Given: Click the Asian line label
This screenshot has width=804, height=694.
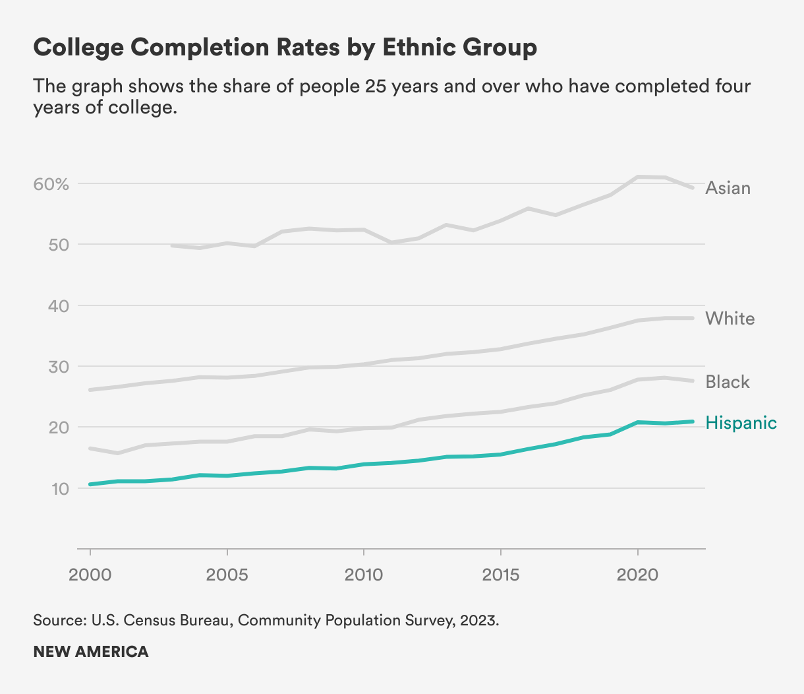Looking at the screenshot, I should point(728,188).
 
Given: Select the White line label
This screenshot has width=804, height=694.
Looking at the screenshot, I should point(730,319).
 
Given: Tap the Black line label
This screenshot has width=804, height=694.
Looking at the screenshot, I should point(728,382).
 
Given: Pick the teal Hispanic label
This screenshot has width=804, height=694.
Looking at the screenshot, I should point(741,423).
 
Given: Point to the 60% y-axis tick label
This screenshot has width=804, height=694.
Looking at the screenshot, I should point(51,184).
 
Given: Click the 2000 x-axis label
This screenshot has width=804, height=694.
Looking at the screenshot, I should point(90,575).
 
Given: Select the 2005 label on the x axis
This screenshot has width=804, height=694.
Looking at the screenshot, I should point(227,575).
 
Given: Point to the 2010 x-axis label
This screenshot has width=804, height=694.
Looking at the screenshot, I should point(364,575).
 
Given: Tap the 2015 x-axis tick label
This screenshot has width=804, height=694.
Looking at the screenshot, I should point(501,575).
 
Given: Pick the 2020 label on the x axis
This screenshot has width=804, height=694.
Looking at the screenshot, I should point(638,575).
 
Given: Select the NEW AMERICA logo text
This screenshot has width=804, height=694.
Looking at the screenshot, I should point(91,652).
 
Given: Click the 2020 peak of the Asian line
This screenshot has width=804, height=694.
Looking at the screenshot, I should point(638,177).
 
